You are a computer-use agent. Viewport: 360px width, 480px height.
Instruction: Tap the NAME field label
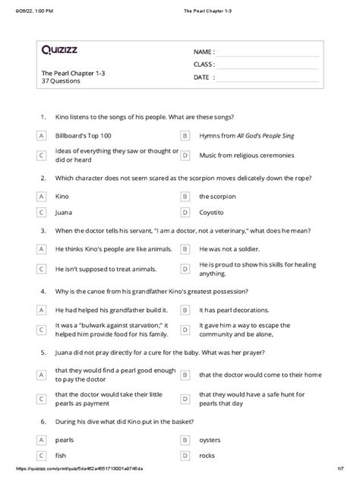click(x=204, y=52)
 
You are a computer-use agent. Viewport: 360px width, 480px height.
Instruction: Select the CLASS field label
click(x=205, y=65)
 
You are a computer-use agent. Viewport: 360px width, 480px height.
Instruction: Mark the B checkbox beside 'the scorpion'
click(x=184, y=195)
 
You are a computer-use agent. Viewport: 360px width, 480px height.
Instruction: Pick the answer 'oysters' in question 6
click(x=211, y=439)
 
